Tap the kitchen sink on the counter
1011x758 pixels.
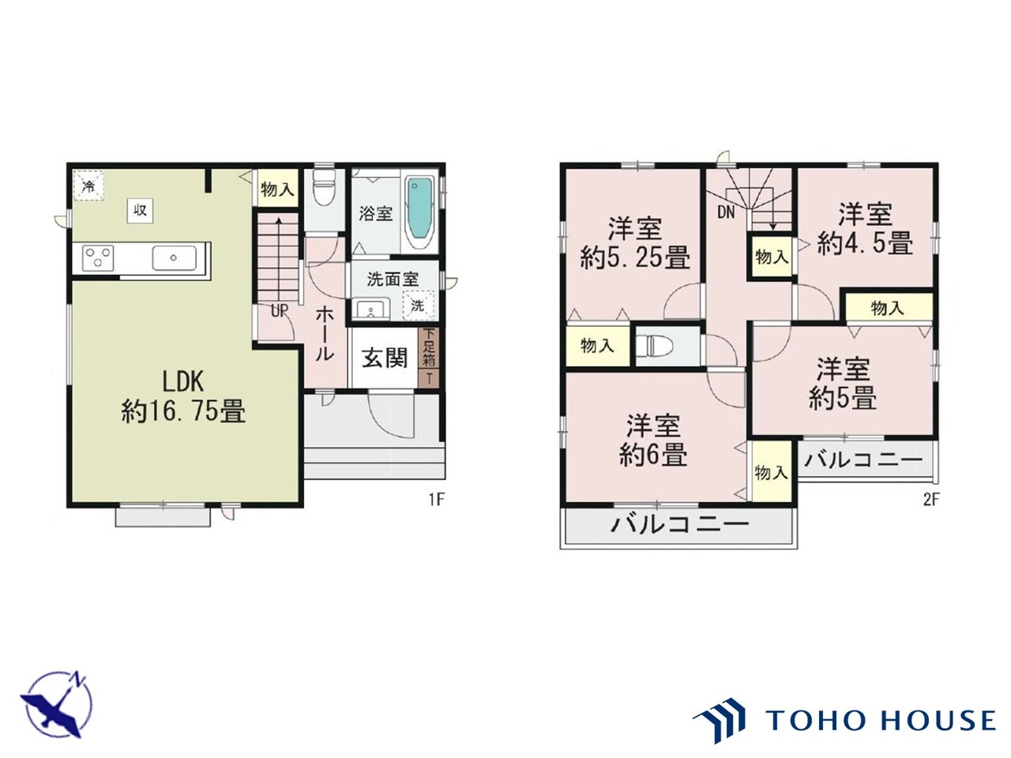click(x=174, y=257)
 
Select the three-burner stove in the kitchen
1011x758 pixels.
click(x=98, y=257)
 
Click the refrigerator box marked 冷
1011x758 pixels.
click(x=89, y=186)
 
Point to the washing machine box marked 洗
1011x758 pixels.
click(x=419, y=305)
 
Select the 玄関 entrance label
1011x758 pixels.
click(x=385, y=358)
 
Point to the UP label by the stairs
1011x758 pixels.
click(x=279, y=311)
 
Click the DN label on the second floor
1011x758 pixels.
click(x=727, y=212)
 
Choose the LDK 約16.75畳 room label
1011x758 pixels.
click(x=183, y=396)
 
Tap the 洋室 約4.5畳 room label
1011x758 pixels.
click(x=865, y=229)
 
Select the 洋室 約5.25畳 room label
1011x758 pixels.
click(x=635, y=242)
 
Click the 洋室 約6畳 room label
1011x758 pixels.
click(x=653, y=440)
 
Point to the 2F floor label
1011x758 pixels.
click(x=930, y=500)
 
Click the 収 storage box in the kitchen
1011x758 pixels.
click(x=140, y=211)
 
